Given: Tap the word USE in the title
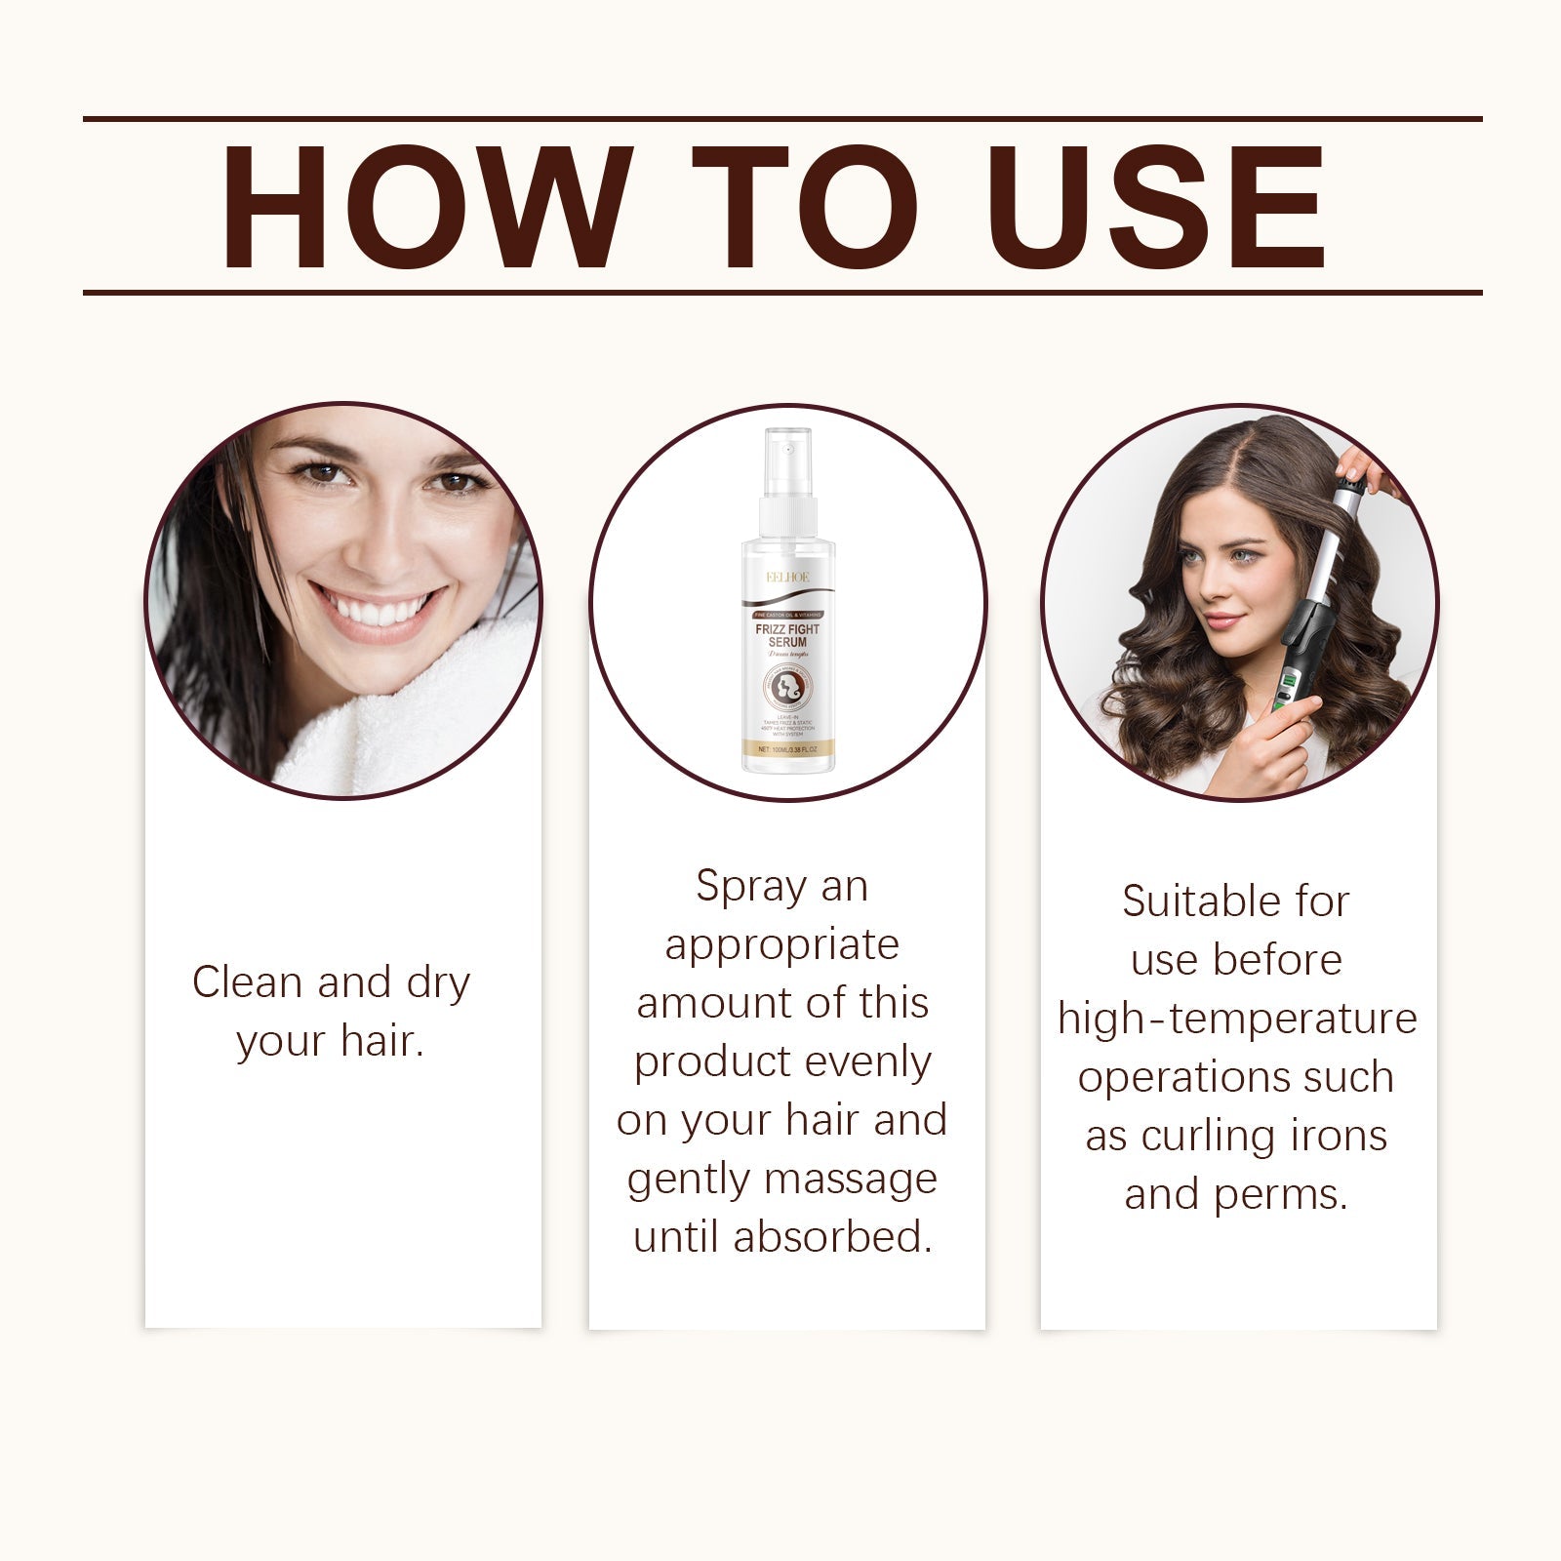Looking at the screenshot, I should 1161,208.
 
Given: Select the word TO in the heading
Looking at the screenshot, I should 805,208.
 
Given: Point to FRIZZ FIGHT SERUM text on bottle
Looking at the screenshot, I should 787,636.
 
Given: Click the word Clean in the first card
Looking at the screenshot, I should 247,981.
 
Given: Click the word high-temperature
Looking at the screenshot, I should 1236,1019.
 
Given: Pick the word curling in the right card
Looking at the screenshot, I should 1204,1137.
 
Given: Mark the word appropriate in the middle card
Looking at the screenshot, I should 781,944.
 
